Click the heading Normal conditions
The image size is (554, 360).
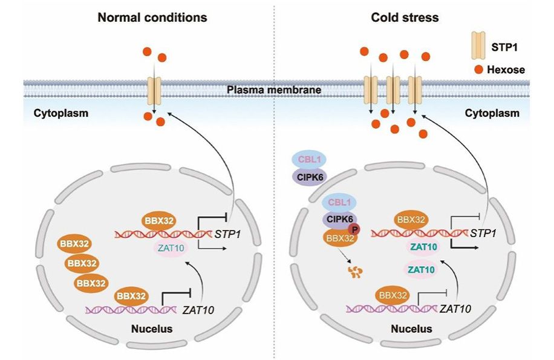point(152,18)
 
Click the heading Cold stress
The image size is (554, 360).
point(405,18)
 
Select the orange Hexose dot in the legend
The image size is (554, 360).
point(478,70)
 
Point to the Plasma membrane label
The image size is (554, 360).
point(274,91)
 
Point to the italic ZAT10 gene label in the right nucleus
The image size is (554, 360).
point(455,309)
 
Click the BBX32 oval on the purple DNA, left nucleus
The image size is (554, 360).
point(132,296)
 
